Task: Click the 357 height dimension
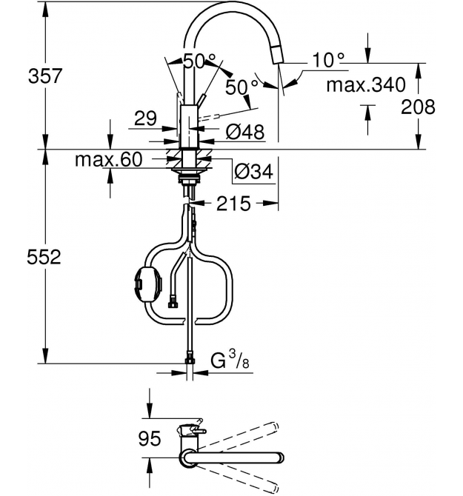point(44,76)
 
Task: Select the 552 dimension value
point(44,257)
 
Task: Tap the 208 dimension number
point(418,107)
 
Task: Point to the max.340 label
point(366,84)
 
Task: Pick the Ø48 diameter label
point(245,132)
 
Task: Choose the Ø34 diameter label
point(253,172)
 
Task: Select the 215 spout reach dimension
point(233,204)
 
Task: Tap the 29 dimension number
point(146,118)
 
